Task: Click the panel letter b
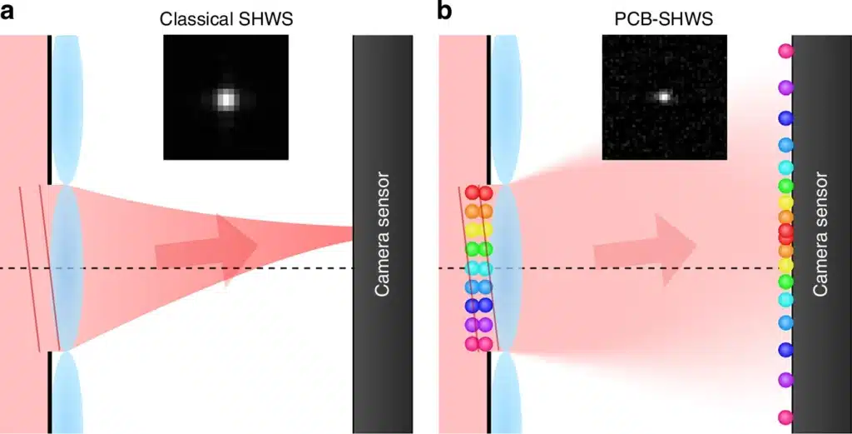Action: pyautogui.click(x=445, y=11)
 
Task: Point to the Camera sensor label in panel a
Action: pyautogui.click(x=382, y=234)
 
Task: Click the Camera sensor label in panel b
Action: pyautogui.click(x=820, y=234)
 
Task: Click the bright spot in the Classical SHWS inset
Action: pyautogui.click(x=225, y=99)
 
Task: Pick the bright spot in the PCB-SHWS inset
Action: pyautogui.click(x=663, y=97)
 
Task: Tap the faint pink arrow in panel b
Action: pyautogui.click(x=645, y=250)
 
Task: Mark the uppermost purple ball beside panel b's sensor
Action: pyautogui.click(x=785, y=87)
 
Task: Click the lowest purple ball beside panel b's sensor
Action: pyautogui.click(x=785, y=380)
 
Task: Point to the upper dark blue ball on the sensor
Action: pyautogui.click(x=785, y=118)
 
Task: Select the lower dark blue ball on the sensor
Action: pyautogui.click(x=785, y=349)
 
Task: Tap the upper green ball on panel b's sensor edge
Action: pyautogui.click(x=785, y=186)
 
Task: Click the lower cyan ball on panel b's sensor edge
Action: pyautogui.click(x=785, y=300)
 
